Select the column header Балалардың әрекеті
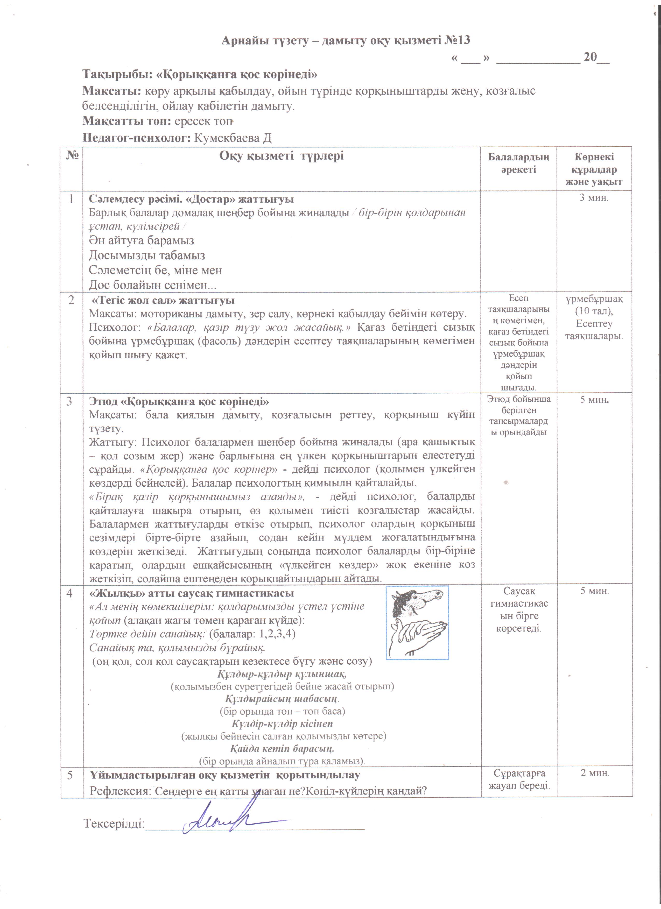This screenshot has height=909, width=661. coord(518,163)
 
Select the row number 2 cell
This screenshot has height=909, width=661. coord(71,300)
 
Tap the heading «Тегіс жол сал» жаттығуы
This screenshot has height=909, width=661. coord(163,300)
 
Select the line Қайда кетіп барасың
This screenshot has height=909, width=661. coord(282,748)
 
